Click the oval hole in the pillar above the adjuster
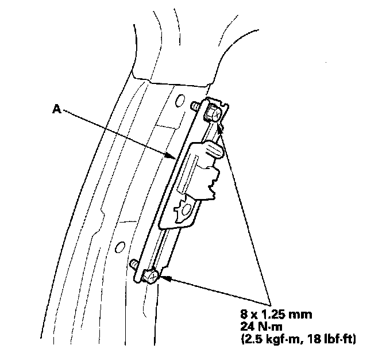click(x=195, y=105)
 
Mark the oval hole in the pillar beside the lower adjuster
click(x=119, y=247)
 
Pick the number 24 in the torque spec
click(x=247, y=327)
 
